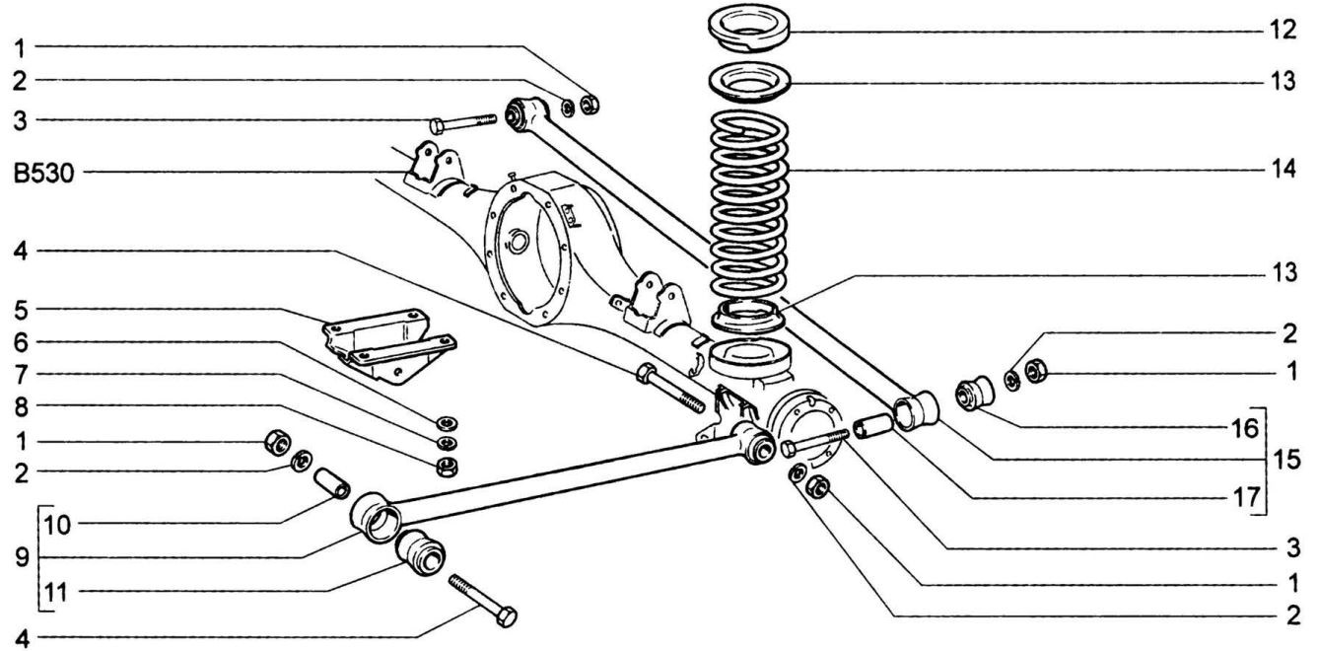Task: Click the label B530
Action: click(x=43, y=174)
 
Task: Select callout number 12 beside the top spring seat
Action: click(x=1283, y=30)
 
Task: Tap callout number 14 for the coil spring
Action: click(x=1283, y=169)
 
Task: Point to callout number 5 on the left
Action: click(x=21, y=310)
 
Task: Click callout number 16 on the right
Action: click(x=1244, y=428)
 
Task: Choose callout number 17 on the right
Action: click(x=1245, y=498)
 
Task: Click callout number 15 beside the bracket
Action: click(x=1286, y=460)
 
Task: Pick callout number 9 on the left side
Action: click(x=22, y=557)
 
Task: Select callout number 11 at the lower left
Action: click(x=57, y=592)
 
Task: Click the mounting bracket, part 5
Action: click(x=389, y=345)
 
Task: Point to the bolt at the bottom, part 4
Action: click(x=482, y=601)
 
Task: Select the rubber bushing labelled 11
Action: click(x=420, y=552)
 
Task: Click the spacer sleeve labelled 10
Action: click(x=332, y=482)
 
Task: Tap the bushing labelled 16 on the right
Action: click(x=975, y=392)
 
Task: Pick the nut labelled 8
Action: click(x=448, y=467)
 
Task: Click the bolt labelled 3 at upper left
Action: click(x=463, y=124)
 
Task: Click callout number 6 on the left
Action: click(x=21, y=342)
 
